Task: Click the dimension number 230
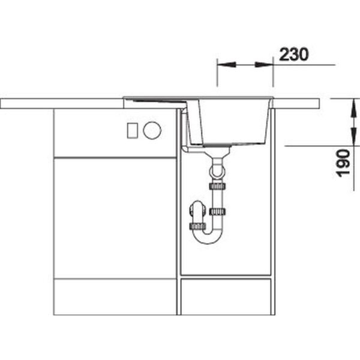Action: point(293,55)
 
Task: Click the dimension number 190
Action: point(343,163)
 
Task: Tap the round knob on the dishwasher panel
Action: point(152,130)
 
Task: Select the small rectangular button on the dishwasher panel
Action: point(133,130)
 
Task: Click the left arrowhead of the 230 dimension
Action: point(227,65)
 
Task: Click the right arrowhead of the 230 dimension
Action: point(264,65)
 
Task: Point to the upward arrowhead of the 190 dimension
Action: point(354,108)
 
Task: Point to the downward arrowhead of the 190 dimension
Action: point(354,136)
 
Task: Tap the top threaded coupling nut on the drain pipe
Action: point(217,186)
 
